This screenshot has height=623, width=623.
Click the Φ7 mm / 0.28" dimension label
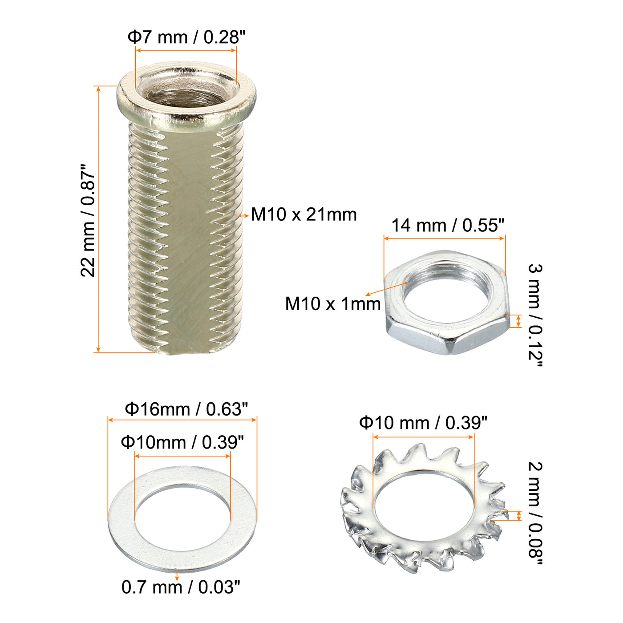(186, 37)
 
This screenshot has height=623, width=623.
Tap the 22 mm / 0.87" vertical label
(88, 220)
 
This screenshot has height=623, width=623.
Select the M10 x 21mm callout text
(303, 214)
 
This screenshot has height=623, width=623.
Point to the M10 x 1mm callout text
(333, 304)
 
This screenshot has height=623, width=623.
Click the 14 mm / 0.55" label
(448, 225)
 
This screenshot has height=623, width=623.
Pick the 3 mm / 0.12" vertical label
(535, 315)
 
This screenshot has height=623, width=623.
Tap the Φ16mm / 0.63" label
(186, 409)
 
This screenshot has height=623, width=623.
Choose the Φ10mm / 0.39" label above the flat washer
(182, 442)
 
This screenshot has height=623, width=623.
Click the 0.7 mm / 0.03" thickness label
(181, 587)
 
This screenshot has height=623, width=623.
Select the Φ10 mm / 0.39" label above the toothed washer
(423, 423)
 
